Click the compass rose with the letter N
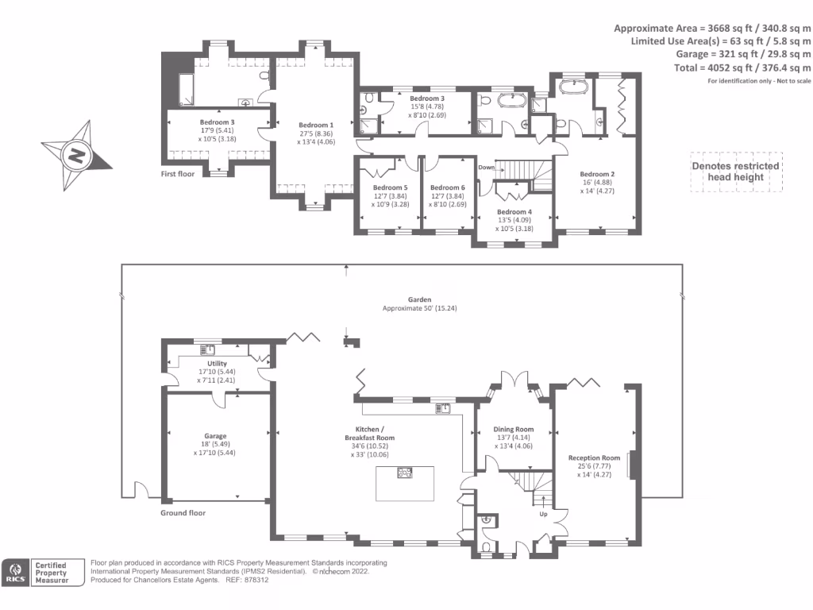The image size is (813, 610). pos(76,155)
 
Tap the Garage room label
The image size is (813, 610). pos(214,436)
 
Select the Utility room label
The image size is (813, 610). pos(217,364)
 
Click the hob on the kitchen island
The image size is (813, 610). pos(405,473)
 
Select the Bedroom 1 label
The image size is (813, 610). pos(316,125)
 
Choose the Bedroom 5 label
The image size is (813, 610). pos(390,188)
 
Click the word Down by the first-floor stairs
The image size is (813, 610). pos(487,168)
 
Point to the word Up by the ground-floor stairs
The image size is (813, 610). pos(543,514)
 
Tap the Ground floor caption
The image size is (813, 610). pos(183,513)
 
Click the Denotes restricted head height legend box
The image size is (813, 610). pos(736,172)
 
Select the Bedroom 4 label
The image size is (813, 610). pos(514,212)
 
